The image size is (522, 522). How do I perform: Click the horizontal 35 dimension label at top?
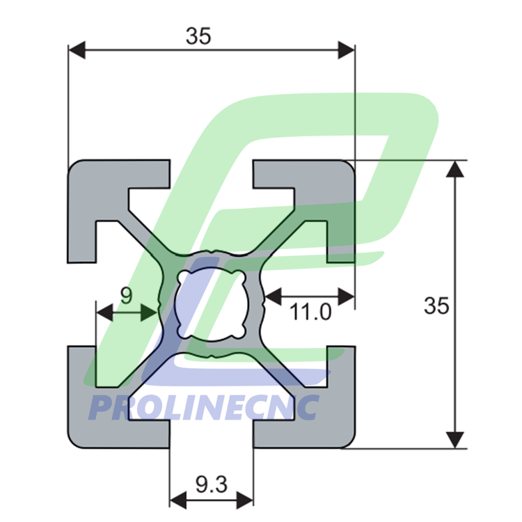point(198,36)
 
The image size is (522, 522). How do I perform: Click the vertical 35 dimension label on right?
point(436,306)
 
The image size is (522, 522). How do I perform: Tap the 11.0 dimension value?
point(310,313)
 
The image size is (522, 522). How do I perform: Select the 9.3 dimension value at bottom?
point(212,484)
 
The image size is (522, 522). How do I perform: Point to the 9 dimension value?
point(126,295)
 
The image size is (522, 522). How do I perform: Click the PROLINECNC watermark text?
point(205,407)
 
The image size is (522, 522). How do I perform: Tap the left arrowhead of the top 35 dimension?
point(77,50)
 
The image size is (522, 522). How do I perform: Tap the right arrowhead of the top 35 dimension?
point(346,50)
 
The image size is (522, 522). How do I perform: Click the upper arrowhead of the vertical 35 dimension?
point(454,169)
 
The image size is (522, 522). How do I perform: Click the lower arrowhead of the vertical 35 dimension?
point(454,440)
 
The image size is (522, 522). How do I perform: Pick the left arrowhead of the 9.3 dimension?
point(178,500)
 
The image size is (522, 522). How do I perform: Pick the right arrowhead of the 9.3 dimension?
point(245,500)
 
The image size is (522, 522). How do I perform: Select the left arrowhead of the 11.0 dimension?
point(274,296)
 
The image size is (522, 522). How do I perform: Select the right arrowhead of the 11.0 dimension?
point(346,296)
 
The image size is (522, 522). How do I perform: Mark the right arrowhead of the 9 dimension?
point(149,313)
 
